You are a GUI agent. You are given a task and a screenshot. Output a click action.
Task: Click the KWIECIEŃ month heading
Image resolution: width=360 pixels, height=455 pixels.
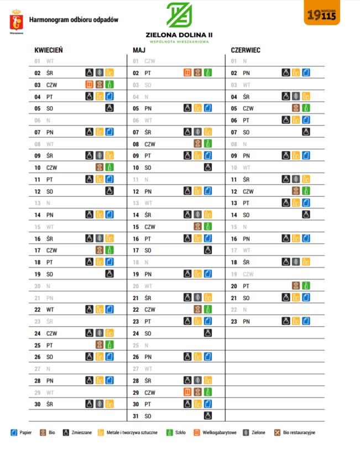pyautogui.click(x=48, y=50)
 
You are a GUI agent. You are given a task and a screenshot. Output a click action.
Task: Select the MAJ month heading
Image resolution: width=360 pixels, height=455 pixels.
pyautogui.click(x=139, y=50)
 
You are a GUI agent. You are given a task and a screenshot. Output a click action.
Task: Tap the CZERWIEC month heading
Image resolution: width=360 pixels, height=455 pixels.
pyautogui.click(x=246, y=50)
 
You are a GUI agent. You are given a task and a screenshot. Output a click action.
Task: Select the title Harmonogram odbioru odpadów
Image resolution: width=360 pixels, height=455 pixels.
pyautogui.click(x=74, y=20)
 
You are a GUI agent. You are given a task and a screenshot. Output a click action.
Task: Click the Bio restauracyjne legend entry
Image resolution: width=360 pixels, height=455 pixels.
pyautogui.click(x=295, y=432)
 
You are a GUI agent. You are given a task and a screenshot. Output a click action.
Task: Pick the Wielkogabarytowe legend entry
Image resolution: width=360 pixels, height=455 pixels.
pyautogui.click(x=216, y=432)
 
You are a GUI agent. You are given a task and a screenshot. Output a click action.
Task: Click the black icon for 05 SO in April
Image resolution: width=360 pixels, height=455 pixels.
pyautogui.click(x=109, y=108)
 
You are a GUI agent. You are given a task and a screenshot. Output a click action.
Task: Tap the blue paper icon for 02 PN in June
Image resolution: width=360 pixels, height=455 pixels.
pyautogui.click(x=306, y=72)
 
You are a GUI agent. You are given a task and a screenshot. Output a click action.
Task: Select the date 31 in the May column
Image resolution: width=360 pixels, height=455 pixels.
pyautogui.click(x=136, y=415)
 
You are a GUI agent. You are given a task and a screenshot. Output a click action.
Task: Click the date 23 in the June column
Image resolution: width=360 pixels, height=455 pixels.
pyautogui.click(x=234, y=321)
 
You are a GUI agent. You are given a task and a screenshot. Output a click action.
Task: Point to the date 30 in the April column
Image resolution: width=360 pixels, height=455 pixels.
pyautogui.click(x=38, y=404)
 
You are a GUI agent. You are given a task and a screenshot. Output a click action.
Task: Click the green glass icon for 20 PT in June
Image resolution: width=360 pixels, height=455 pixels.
pyautogui.click(x=306, y=286)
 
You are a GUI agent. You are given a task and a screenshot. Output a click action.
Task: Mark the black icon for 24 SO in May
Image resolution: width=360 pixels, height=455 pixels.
pyautogui.click(x=208, y=333)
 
